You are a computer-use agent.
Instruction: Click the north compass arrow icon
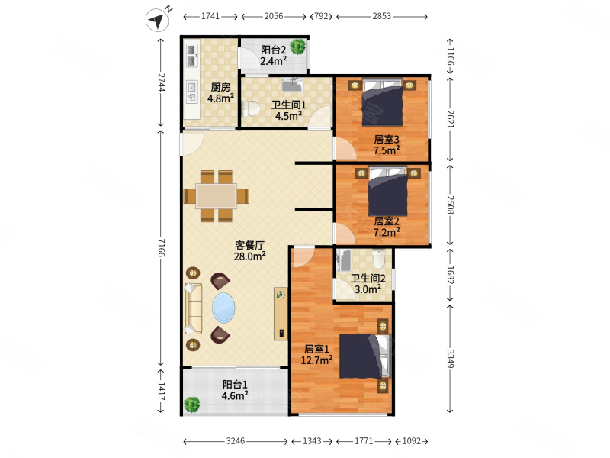157,20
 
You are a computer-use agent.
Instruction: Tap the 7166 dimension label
162,247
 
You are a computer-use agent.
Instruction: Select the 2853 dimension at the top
382,16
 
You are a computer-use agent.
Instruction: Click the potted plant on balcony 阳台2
298,47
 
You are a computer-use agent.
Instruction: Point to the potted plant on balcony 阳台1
192,405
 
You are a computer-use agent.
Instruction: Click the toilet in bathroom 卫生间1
251,108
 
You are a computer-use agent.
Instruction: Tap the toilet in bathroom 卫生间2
378,258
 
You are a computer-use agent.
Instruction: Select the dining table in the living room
217,196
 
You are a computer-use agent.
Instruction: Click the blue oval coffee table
223,308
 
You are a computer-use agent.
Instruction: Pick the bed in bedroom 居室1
364,356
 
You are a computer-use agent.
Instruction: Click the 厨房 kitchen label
220,87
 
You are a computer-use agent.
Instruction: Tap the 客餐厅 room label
250,245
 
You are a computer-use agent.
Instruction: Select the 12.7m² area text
316,360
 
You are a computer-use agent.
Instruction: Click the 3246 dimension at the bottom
236,441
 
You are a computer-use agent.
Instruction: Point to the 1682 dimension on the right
450,275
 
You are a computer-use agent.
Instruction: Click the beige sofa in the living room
194,308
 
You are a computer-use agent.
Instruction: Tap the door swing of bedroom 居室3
345,148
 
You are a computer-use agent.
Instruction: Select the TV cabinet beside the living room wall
281,314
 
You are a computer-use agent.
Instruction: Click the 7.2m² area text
387,233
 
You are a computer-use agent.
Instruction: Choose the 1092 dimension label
412,441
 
